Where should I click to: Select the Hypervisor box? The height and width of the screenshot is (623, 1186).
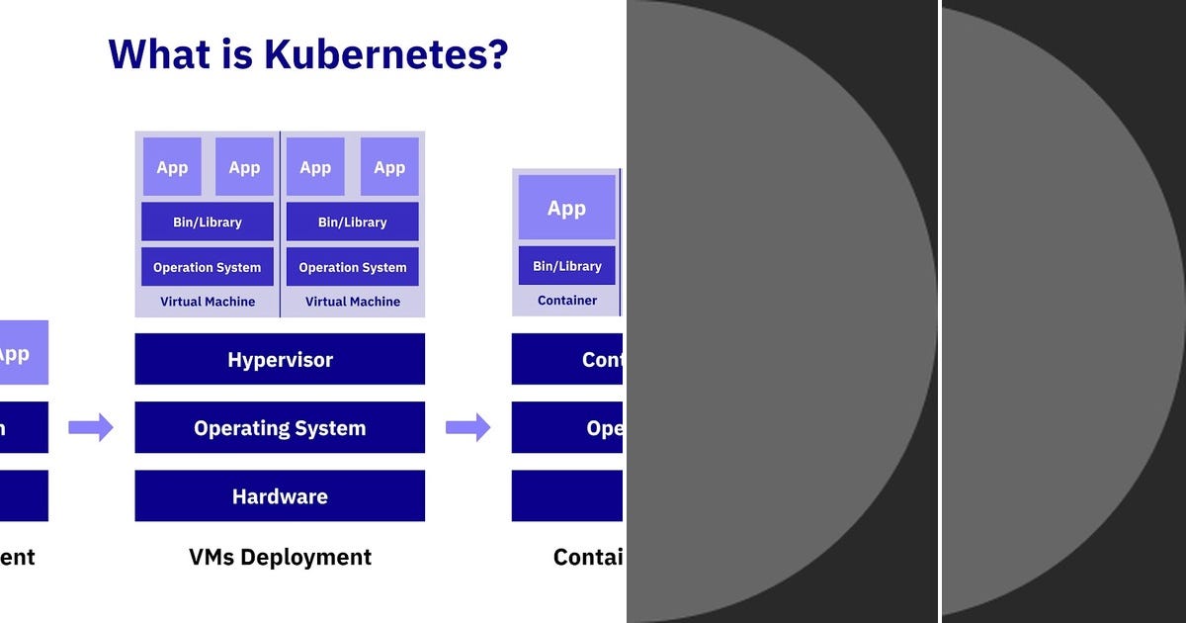(x=280, y=359)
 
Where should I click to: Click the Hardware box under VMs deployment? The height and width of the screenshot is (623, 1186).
(x=280, y=495)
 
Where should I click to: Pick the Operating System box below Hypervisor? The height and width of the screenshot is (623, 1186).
(x=280, y=427)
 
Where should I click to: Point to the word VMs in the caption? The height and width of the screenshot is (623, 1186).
(x=212, y=557)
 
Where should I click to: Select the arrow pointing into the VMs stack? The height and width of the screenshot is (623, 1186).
(x=91, y=427)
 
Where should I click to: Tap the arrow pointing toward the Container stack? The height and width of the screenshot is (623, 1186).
(x=467, y=427)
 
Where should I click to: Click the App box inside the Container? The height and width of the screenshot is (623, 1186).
(x=566, y=208)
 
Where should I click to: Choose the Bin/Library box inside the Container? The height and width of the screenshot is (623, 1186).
(x=566, y=266)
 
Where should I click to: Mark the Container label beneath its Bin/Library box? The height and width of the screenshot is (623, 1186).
(x=566, y=300)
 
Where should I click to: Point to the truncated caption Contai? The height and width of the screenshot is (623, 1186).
(x=588, y=557)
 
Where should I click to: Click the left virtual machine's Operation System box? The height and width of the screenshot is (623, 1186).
(x=207, y=267)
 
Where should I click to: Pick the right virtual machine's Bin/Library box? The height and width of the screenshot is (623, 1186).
(x=352, y=222)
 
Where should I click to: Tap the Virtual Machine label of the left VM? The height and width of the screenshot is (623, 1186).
(x=207, y=301)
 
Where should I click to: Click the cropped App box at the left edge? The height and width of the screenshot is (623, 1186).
(x=22, y=353)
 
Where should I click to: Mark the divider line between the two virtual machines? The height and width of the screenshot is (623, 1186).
(x=280, y=223)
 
